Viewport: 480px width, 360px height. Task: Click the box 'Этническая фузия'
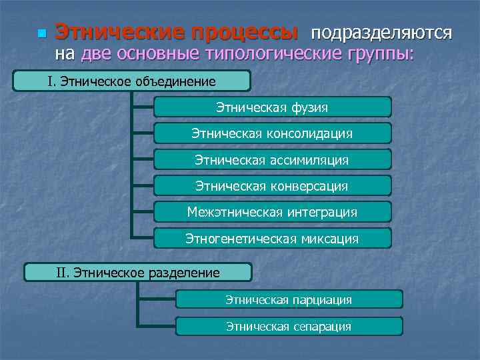pos(272,107)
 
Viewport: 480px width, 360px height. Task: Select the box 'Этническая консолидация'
pos(272,134)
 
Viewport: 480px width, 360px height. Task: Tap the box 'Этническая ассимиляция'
pos(272,160)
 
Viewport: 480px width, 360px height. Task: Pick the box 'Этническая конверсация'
pos(272,186)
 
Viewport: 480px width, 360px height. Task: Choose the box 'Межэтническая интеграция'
pos(272,212)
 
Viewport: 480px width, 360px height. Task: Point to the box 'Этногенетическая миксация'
pos(272,238)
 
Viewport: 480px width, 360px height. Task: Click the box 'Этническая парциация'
pos(289,300)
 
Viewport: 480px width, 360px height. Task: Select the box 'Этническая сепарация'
pos(289,327)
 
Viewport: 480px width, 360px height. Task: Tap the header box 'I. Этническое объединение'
pos(132,81)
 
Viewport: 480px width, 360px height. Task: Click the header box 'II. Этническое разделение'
pos(138,273)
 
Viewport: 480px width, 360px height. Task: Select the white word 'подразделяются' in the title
pos(381,33)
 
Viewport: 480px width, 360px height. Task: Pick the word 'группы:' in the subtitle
pos(380,55)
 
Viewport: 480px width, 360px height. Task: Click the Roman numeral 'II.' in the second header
pos(63,273)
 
